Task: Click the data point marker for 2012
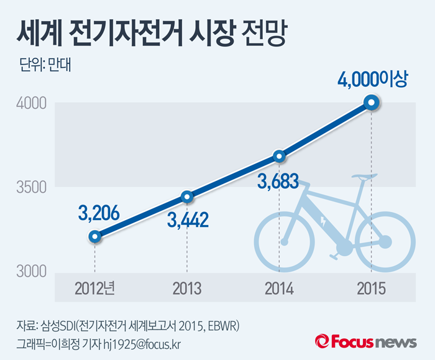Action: pos(94,236)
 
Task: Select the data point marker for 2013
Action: pos(187,197)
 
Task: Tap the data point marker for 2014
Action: pos(279,156)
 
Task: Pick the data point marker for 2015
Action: pos(371,102)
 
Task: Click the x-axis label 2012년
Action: pos(95,289)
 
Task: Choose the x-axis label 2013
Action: pos(187,289)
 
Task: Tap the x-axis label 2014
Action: pos(279,289)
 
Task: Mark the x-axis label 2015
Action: pos(371,289)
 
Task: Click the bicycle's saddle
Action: pos(365,176)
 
